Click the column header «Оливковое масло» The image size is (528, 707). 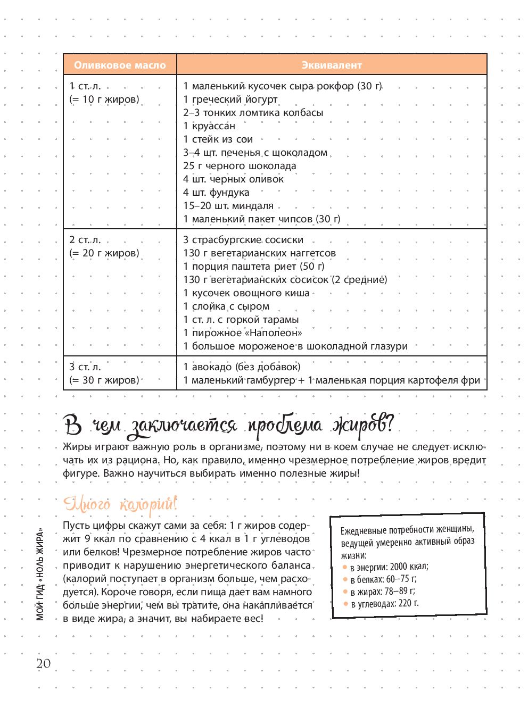(120, 65)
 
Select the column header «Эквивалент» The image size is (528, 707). (332, 65)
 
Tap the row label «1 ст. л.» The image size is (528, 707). (85, 86)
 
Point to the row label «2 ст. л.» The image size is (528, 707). (85, 240)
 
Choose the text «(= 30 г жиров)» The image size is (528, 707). (104, 380)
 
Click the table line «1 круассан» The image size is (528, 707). (209, 126)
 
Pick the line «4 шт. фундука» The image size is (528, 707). (216, 193)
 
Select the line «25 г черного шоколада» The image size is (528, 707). (240, 166)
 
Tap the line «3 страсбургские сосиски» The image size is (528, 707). (243, 240)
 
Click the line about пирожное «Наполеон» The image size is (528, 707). (243, 333)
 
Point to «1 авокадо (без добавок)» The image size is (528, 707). (242, 367)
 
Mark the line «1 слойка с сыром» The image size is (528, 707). (226, 306)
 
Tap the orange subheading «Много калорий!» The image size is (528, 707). (120, 503)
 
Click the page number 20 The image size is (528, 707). (44, 663)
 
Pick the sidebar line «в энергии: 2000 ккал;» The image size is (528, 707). (389, 567)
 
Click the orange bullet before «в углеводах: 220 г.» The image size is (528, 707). (345, 604)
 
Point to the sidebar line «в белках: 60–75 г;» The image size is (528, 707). (383, 579)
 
